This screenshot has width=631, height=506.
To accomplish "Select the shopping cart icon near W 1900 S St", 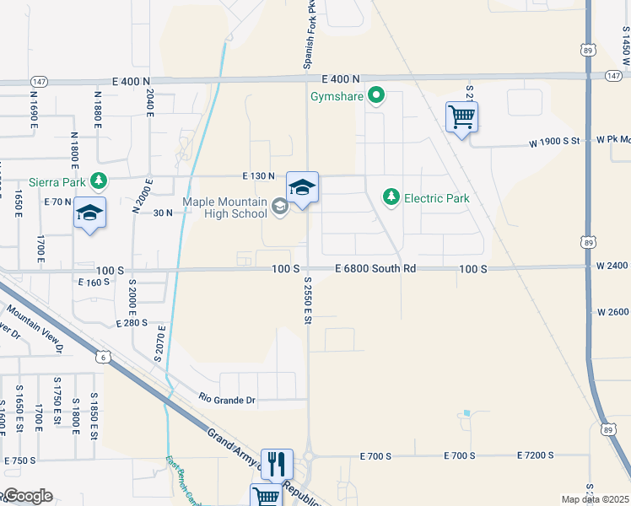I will [462, 117].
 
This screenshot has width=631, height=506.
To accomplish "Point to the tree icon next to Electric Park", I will [391, 197].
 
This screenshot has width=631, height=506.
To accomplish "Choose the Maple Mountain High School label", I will [225, 207].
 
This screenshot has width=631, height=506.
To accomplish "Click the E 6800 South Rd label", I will [375, 268].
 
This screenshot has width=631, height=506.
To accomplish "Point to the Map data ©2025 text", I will [595, 499].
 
